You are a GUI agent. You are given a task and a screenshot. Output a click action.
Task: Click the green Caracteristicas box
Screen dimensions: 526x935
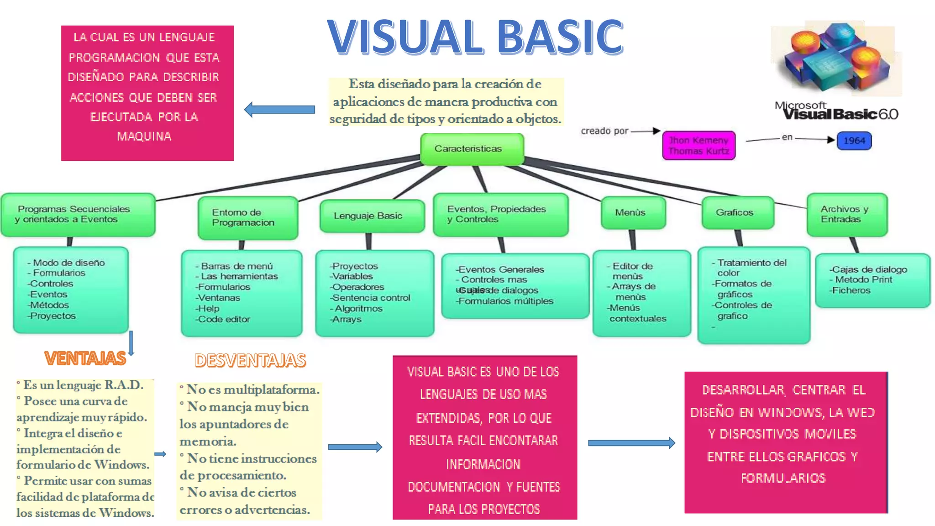tap(472, 149)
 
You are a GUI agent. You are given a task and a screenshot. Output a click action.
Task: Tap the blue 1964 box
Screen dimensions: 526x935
tap(854, 141)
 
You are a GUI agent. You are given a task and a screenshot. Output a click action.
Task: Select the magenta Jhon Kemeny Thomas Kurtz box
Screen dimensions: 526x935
tap(699, 146)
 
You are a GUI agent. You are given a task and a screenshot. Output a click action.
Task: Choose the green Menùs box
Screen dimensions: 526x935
tap(633, 213)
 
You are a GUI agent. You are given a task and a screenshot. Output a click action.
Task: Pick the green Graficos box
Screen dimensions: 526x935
tap(737, 213)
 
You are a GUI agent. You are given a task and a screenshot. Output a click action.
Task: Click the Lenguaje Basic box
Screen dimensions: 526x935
tap(372, 216)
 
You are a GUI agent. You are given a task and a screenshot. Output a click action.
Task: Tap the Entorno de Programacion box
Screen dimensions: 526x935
tap(247, 218)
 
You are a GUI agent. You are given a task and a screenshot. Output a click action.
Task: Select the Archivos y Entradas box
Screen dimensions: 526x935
tap(846, 215)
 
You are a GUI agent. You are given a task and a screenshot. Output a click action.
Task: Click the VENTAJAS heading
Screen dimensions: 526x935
tap(85, 359)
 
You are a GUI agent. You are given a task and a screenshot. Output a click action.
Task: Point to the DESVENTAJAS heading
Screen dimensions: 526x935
tap(250, 361)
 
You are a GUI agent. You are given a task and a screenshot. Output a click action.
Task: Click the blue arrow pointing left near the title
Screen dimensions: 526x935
tap(279, 110)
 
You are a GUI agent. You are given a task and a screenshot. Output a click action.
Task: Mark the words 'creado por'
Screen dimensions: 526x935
tap(604, 131)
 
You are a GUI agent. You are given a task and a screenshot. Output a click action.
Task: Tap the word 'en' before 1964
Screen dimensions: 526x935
tap(787, 137)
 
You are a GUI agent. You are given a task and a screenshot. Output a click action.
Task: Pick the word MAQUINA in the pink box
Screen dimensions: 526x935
tap(144, 137)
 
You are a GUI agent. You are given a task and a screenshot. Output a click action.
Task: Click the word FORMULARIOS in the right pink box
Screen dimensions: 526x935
tap(783, 478)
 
